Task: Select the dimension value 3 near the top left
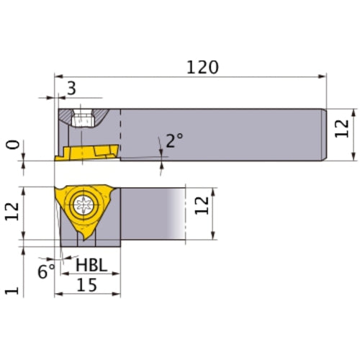(71, 89)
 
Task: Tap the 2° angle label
(174, 140)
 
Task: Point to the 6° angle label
(45, 271)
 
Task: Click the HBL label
(91, 266)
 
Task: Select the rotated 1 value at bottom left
(11, 289)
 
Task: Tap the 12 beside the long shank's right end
(343, 127)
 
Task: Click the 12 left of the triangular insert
(11, 213)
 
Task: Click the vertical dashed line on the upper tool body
(120, 134)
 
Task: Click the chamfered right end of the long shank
(325, 134)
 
